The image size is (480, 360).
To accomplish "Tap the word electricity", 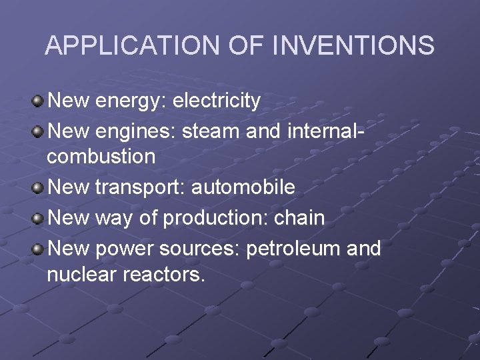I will [x=217, y=101].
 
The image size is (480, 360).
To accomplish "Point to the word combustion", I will [x=101, y=157].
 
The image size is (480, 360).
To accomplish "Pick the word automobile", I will [x=243, y=187].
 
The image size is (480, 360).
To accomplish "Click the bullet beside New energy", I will [x=38, y=101].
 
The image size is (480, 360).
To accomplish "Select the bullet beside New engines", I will [x=38, y=129].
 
